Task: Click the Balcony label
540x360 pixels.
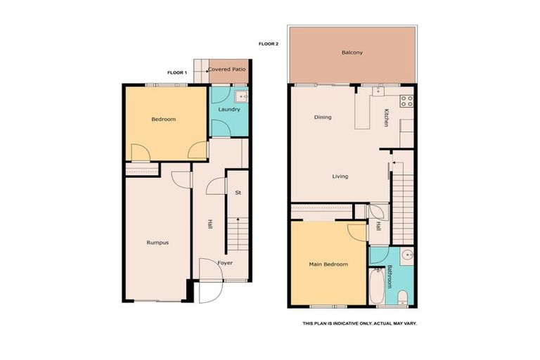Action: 352,53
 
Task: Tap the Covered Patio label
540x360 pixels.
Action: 227,70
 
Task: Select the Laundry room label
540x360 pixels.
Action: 229,110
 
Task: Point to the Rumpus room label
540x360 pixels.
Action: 157,243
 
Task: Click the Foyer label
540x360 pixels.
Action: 225,263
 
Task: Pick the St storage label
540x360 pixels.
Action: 238,192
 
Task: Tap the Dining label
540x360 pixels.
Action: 323,117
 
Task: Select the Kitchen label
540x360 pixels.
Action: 386,117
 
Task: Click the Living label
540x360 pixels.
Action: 340,176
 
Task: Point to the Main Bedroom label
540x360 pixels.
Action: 328,264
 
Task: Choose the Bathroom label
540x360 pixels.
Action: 390,276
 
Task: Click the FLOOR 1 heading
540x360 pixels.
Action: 176,72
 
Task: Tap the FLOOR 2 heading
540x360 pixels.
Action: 269,44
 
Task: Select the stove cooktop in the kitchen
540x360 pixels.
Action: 406,101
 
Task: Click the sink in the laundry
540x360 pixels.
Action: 241,96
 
